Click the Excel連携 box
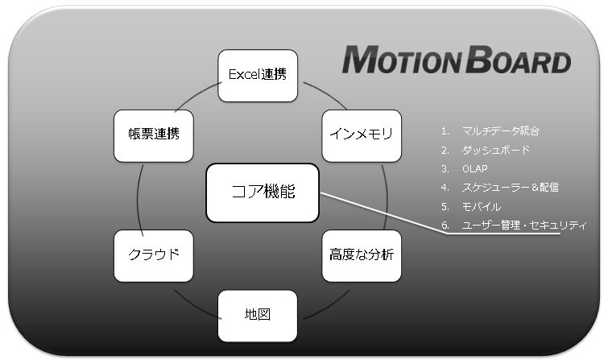[x=258, y=76]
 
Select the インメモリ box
[x=362, y=136]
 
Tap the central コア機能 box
[x=263, y=192]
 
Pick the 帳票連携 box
[x=154, y=136]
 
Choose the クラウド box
[x=154, y=256]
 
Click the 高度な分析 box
[x=362, y=256]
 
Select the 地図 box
[x=258, y=317]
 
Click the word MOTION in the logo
[x=402, y=60]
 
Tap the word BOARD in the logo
[x=519, y=60]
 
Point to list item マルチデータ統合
[x=501, y=130]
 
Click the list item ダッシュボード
[x=495, y=150]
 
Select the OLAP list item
[x=475, y=169]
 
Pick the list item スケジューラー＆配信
[x=511, y=188]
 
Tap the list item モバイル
[x=482, y=206]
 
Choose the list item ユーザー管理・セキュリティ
[x=524, y=225]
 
